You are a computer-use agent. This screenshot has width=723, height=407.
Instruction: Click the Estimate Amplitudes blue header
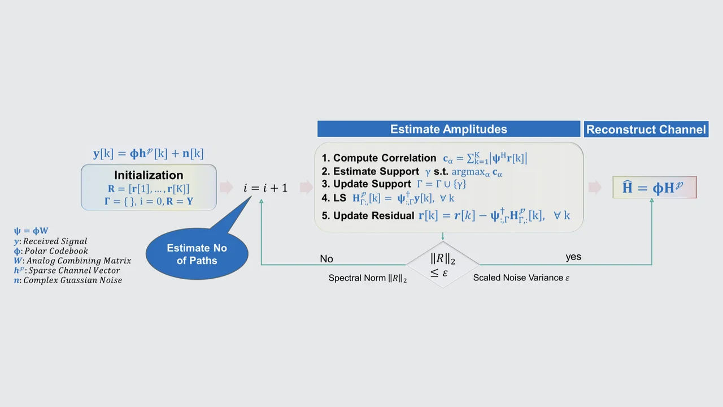click(448, 129)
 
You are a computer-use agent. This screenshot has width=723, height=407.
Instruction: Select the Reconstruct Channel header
click(646, 129)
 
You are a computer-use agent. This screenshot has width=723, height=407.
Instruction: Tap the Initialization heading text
click(149, 175)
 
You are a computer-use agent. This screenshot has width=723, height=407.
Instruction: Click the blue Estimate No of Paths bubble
click(197, 254)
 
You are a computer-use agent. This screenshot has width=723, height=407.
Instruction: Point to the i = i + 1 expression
click(265, 188)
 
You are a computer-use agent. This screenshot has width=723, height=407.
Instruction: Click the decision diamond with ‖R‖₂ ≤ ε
click(442, 264)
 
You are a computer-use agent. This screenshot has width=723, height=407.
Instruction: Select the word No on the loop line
click(326, 259)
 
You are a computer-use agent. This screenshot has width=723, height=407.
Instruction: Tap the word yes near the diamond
click(573, 257)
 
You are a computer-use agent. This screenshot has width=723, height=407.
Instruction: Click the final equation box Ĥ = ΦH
click(655, 188)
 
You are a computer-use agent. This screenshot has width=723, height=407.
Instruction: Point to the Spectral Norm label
click(368, 278)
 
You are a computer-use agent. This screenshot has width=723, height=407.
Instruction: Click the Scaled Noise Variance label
click(521, 278)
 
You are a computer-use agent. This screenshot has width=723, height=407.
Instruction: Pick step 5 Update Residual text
click(373, 216)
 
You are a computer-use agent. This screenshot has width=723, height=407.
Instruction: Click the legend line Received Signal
click(51, 241)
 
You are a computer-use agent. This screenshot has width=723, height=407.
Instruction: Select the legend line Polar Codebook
click(51, 251)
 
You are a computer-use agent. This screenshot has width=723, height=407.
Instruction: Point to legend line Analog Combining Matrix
click(72, 261)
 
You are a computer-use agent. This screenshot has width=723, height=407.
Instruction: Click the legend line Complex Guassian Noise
click(68, 280)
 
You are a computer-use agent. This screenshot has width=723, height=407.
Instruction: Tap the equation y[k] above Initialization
click(148, 153)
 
